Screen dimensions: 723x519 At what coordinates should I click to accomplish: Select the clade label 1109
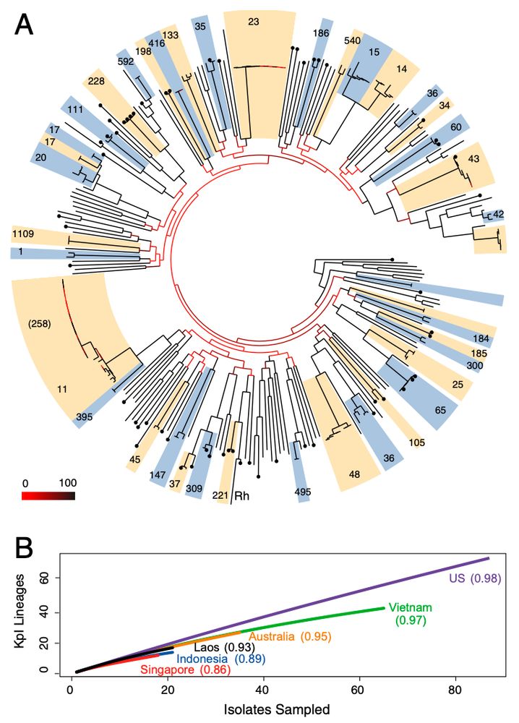pyautogui.click(x=25, y=234)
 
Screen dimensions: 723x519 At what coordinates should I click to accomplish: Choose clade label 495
pyautogui.click(x=304, y=493)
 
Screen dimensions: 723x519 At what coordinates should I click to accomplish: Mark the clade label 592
pyautogui.click(x=126, y=61)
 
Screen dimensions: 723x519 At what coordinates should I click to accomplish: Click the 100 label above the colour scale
pyautogui.click(x=67, y=482)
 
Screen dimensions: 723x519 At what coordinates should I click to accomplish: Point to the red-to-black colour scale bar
pyautogui.click(x=48, y=496)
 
